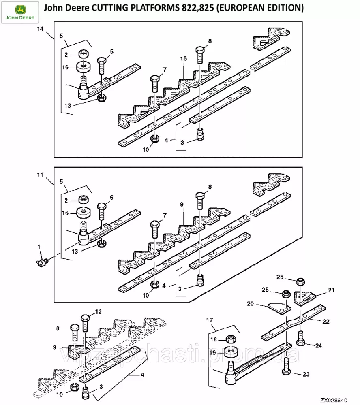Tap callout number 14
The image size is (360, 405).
pyautogui.click(x=40, y=29)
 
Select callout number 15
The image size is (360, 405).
pyautogui.click(x=183, y=59)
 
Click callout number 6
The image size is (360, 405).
pyautogui.click(x=111, y=198)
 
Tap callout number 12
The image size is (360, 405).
pyautogui.click(x=98, y=312)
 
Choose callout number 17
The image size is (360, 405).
pyautogui.click(x=209, y=321)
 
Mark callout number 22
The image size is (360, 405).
pyautogui.click(x=326, y=322)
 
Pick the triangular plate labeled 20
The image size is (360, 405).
pyautogui.click(x=279, y=306)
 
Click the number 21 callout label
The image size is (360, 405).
pyautogui.click(x=331, y=290)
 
